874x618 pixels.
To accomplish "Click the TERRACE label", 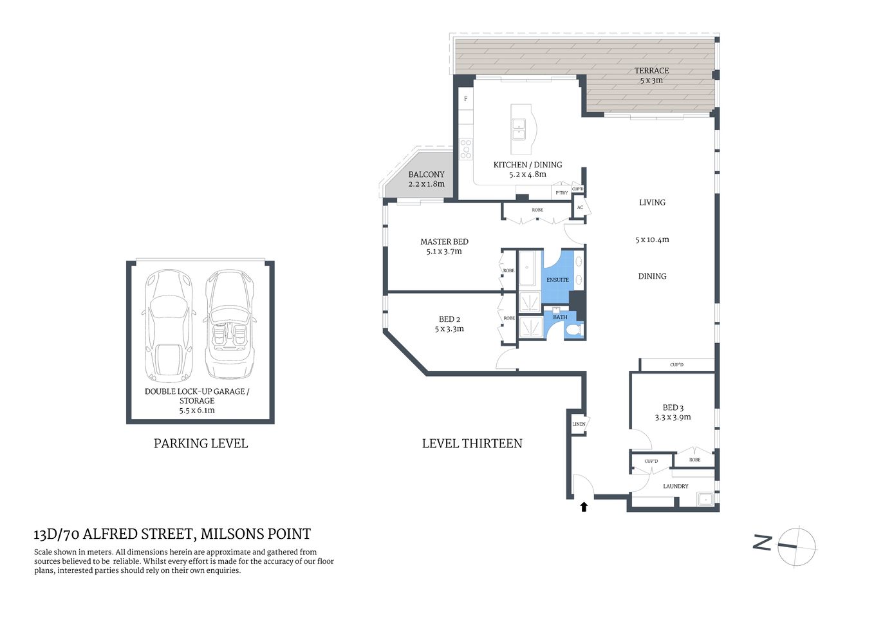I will (651, 71).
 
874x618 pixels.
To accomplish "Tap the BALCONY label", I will (426, 174).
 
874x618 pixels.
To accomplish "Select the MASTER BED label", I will (444, 242).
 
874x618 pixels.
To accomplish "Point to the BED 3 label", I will (673, 407).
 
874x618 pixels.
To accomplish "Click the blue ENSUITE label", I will (557, 280).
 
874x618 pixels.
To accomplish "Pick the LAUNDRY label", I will (675, 487).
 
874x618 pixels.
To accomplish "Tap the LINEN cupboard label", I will (579, 424).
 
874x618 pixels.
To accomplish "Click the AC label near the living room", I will (580, 207).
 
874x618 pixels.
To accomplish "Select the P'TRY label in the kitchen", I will (561, 193).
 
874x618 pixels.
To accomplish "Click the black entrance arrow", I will (584, 507).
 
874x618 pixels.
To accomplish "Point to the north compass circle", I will (797, 547).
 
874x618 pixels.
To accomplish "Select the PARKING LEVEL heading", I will (200, 444).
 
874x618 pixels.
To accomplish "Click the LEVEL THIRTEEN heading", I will (472, 444).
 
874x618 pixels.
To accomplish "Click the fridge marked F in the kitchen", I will (466, 99).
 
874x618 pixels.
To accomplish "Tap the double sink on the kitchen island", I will (518, 129).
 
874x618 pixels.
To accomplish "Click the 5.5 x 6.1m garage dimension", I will (197, 410).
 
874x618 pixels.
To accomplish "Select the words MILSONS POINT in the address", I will (256, 534).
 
